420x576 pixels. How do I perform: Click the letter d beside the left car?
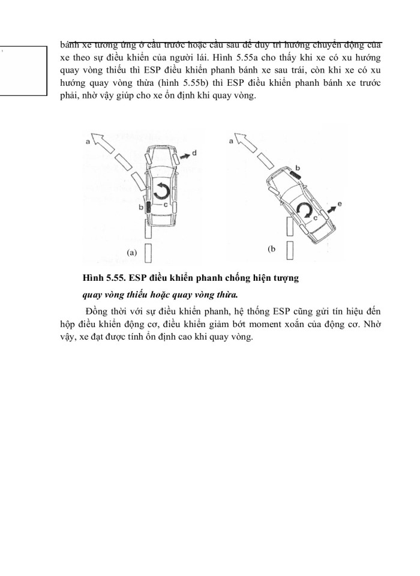[196, 154]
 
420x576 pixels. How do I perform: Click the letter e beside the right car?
[340, 205]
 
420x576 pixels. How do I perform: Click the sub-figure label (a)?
[132, 253]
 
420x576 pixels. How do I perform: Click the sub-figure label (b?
[271, 248]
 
